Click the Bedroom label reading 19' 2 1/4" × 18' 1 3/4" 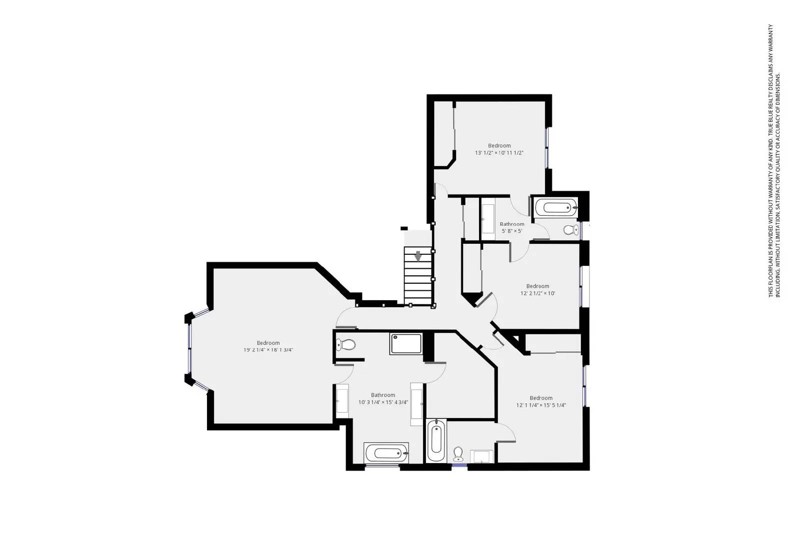pos(268,346)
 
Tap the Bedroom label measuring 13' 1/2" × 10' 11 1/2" pos(499,149)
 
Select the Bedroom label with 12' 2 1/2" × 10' pos(537,290)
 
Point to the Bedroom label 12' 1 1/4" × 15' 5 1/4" pos(541,402)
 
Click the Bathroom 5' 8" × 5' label pos(512,227)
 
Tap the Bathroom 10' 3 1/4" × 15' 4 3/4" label pos(383,399)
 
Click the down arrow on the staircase pos(418,256)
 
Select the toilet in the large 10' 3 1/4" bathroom pos(346,344)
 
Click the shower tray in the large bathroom pos(405,344)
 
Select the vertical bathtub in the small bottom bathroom pos(435,440)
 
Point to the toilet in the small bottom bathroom pos(458,454)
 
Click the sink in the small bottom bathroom pos(481,456)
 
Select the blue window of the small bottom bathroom pos(459,466)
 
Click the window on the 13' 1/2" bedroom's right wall pos(547,148)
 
